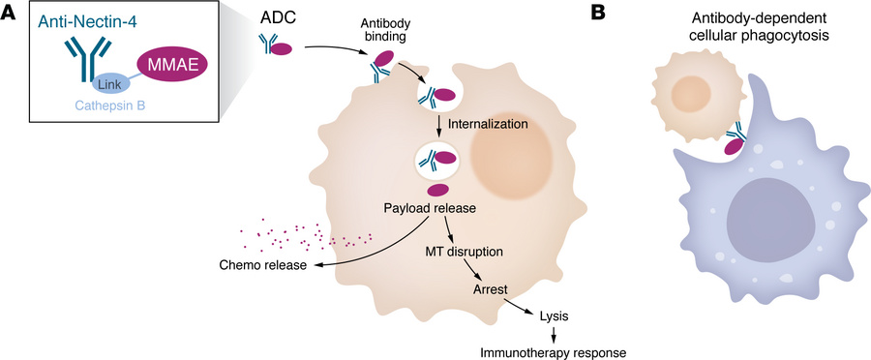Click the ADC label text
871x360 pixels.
[276, 20]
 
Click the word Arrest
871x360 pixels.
[492, 288]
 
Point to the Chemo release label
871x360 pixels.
[255, 265]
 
